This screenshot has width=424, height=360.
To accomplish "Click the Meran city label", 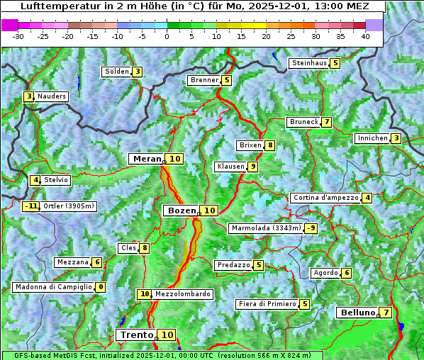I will [x=147, y=159].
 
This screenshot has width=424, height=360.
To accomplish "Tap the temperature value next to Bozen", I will [x=209, y=210].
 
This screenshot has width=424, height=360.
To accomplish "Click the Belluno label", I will [x=357, y=313].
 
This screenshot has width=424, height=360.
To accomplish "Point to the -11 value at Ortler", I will [x=30, y=206].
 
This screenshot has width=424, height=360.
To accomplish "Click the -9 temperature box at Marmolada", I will [x=311, y=228].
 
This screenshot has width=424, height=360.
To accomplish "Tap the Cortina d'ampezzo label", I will [x=325, y=198].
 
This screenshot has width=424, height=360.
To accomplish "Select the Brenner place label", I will [x=204, y=80].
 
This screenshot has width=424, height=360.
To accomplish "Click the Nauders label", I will [x=52, y=96].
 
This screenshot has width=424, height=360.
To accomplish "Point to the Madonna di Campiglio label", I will [x=53, y=287].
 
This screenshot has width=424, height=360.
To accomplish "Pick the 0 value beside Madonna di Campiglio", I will [x=101, y=287].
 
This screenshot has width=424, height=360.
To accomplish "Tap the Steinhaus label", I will [x=309, y=63].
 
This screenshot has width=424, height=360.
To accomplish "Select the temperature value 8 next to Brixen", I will [x=270, y=145].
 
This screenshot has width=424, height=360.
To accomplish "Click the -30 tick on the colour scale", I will [x=18, y=36].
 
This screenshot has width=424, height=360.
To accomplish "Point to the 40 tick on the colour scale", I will [x=365, y=36].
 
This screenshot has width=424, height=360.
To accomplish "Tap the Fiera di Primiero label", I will [x=267, y=304].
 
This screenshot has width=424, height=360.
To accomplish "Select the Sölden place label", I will [x=117, y=72].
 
